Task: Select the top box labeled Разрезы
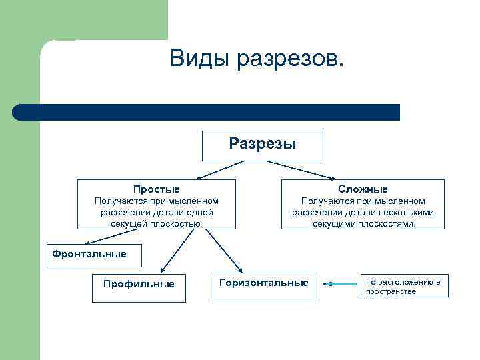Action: click(262, 145)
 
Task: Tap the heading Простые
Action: click(156, 189)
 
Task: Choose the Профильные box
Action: click(139, 285)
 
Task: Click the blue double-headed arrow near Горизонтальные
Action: click(341, 284)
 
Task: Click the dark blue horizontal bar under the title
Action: click(207, 112)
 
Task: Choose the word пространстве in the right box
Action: click(391, 292)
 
